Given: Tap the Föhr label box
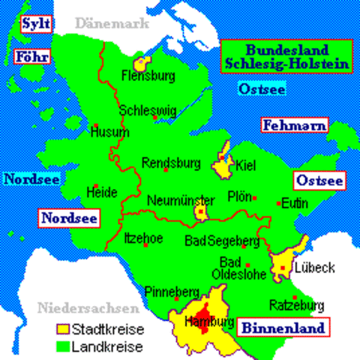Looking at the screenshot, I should pyautogui.click(x=31, y=56).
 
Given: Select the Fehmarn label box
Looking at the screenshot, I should pyautogui.click(x=294, y=126).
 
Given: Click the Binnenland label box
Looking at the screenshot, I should pyautogui.click(x=283, y=328).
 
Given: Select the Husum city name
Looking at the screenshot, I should pyautogui.click(x=104, y=132).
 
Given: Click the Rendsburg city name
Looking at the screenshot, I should pyautogui.click(x=171, y=161).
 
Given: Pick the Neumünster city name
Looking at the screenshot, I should pyautogui.click(x=181, y=199).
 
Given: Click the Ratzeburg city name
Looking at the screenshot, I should pyautogui.click(x=298, y=305).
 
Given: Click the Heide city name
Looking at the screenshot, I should pyautogui.click(x=103, y=192).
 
